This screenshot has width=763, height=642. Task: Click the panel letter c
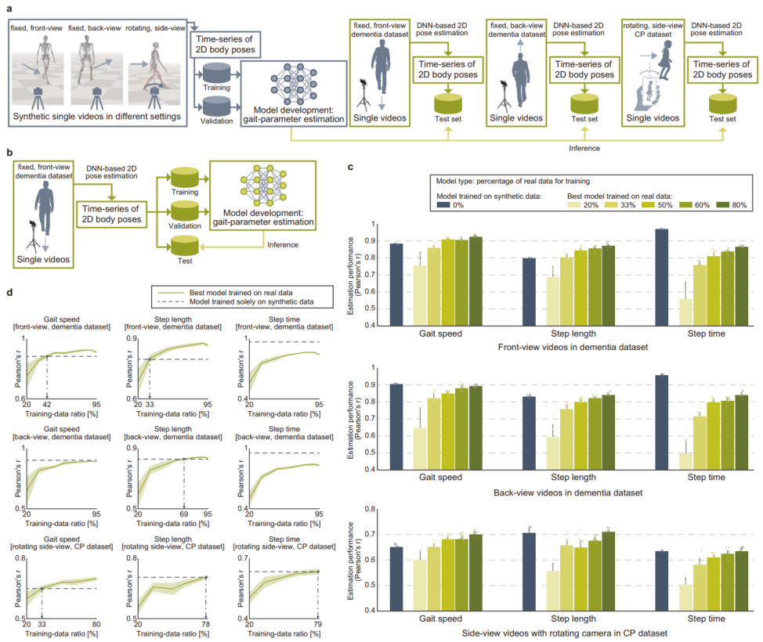tap(350, 167)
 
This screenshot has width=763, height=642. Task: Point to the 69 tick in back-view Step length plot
tap(184, 515)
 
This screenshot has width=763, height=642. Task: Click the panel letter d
tap(9, 292)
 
